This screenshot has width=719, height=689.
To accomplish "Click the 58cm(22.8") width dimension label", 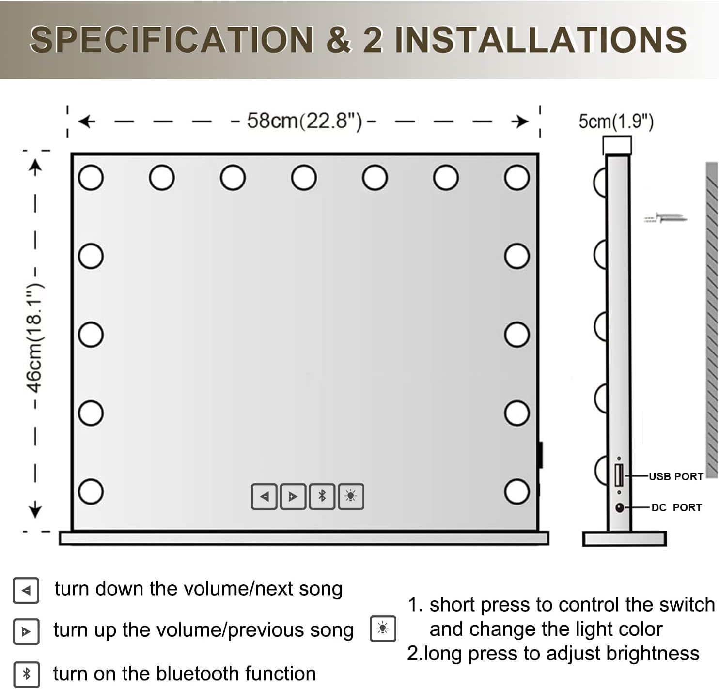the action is tap(304, 121).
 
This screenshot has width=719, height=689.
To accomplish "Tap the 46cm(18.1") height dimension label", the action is tap(35, 338).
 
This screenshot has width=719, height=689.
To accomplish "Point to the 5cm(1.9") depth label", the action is tap(616, 122).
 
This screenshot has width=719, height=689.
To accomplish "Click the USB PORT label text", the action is tap(676, 476).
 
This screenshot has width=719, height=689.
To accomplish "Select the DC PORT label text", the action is tap(676, 508).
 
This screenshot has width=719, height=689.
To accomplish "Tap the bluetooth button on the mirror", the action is tap(322, 496).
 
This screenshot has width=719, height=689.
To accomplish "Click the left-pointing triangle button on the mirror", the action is tap(264, 496).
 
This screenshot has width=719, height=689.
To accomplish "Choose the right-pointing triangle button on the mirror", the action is tap(293, 496).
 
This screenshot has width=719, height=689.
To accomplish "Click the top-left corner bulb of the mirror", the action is tap(91, 178).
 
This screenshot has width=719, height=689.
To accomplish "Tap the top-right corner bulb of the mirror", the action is tap(516, 178).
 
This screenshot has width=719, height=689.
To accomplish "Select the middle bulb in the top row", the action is tap(304, 178).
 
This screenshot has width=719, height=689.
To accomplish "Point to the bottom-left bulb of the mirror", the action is tap(91, 491).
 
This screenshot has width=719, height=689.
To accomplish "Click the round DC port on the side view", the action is tap(620, 508).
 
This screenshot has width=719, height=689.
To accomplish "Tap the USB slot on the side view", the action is tap(619, 475).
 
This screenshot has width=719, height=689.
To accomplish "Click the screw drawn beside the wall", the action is tap(666, 218).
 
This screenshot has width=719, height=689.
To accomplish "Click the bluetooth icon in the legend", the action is tap(26, 674).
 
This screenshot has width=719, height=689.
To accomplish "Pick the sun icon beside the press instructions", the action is tap(383, 628).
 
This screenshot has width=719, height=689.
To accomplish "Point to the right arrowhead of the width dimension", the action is tap(522, 122).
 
